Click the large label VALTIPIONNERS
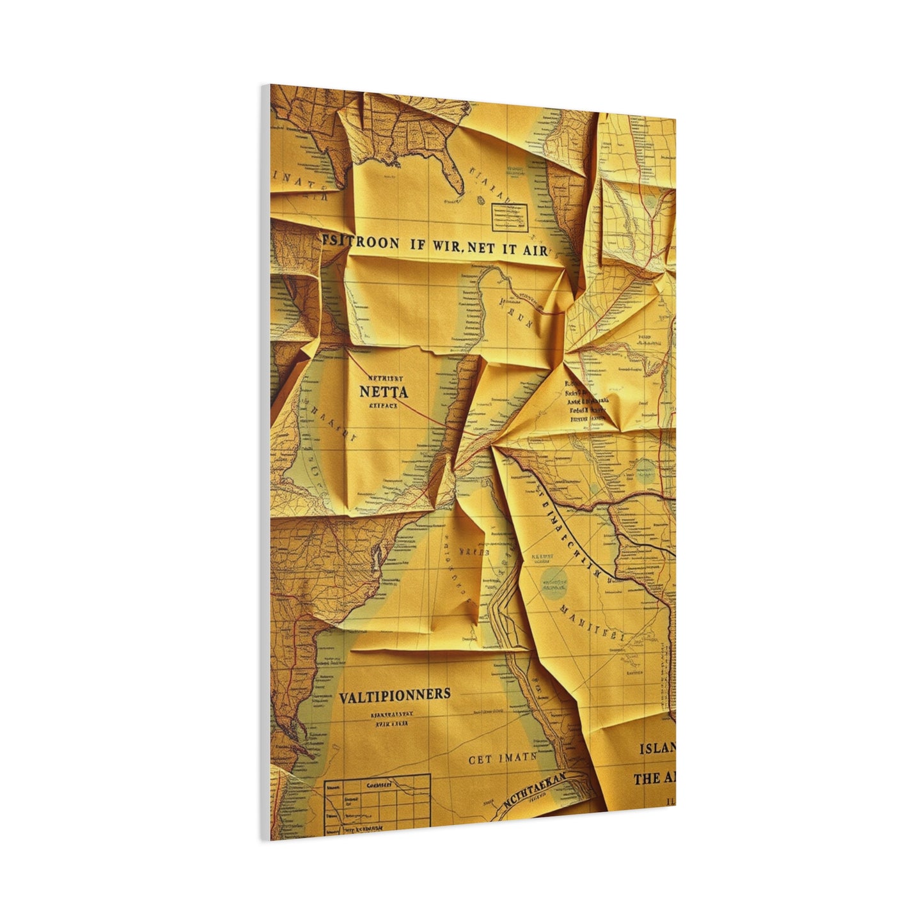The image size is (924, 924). click(x=394, y=694)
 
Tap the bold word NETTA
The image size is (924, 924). click(x=383, y=391)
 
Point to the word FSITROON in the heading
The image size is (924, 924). click(x=359, y=244)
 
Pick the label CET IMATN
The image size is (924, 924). click(x=502, y=759)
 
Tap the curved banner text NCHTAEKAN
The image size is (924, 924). click(x=535, y=792)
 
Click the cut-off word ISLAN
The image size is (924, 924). click(x=657, y=749)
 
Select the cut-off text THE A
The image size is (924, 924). click(x=654, y=779)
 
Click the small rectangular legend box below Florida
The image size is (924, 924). click(x=509, y=217)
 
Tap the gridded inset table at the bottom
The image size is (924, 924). click(x=377, y=804)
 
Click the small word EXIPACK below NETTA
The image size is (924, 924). click(x=383, y=405)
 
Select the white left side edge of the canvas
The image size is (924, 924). click(x=265, y=460)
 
